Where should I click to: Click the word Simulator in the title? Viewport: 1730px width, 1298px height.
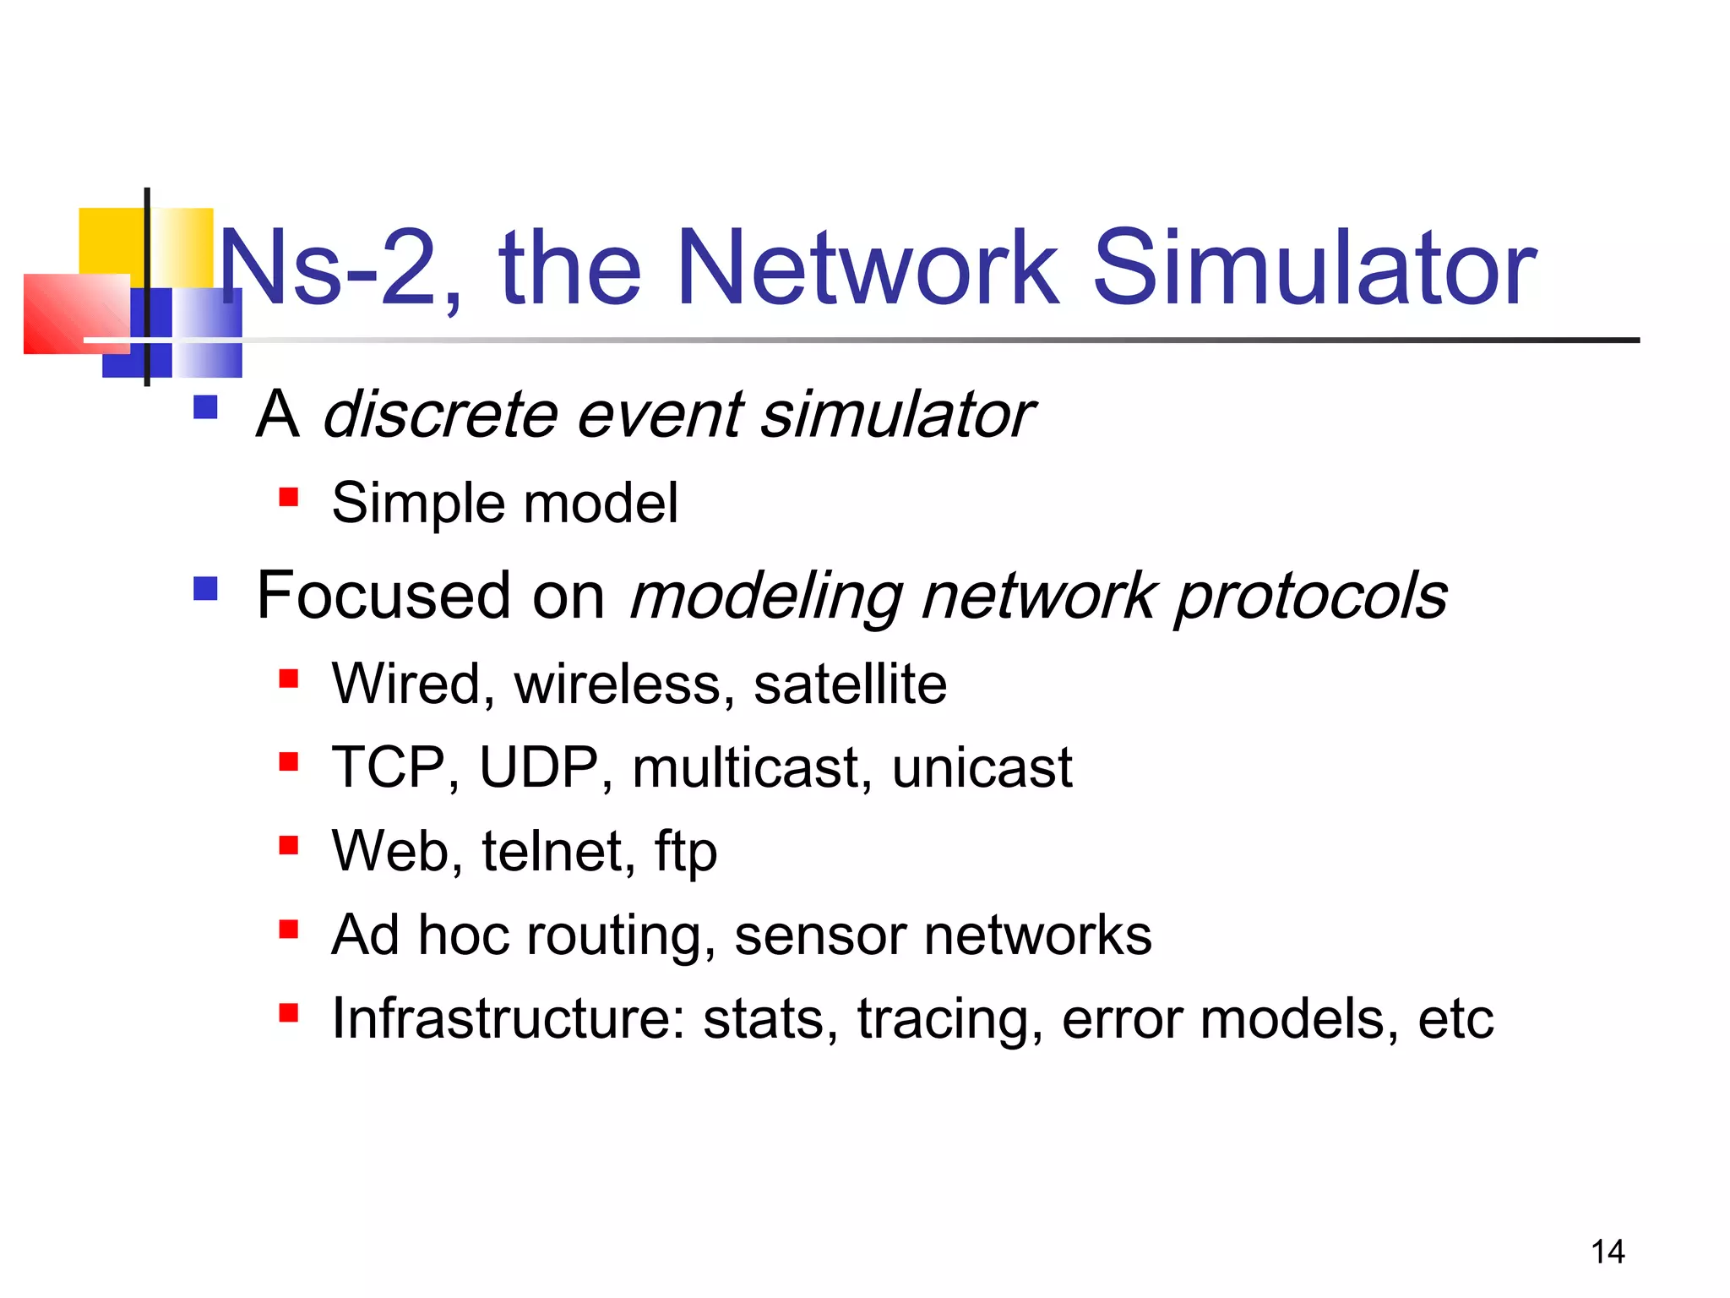tap(1314, 269)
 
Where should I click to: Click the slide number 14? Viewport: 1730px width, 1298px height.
tap(1607, 1252)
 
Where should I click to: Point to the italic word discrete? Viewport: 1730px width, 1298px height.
tap(439, 415)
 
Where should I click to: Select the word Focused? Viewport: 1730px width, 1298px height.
tap(384, 596)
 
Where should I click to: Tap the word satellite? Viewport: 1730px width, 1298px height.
tap(850, 684)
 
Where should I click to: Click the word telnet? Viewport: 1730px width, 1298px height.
tap(558, 851)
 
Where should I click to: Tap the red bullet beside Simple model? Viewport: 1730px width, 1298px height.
tap(289, 497)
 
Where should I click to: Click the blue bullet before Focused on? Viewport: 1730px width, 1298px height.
tap(205, 588)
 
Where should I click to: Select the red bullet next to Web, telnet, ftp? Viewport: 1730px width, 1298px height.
tap(289, 845)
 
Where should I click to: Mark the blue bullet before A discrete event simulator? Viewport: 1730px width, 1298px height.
tap(205, 407)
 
